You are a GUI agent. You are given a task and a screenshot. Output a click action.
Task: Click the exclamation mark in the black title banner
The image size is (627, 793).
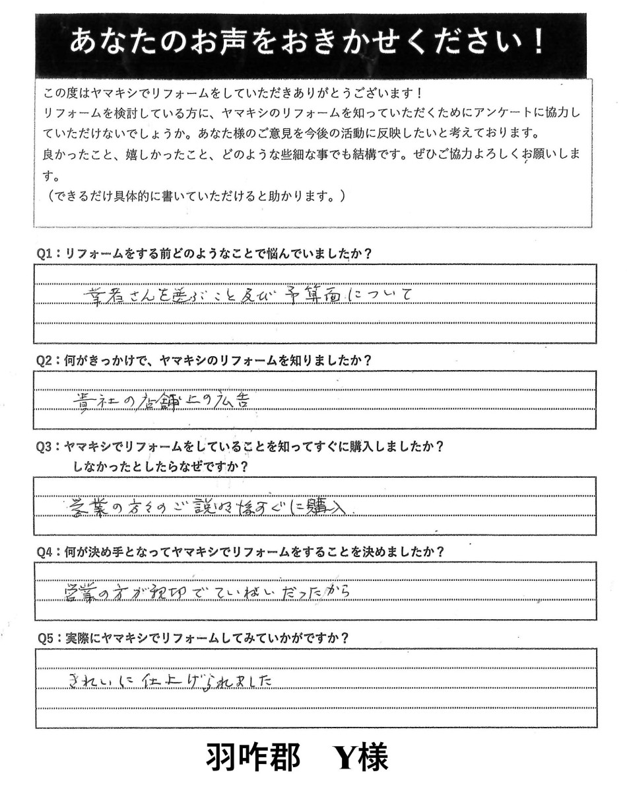(x=538, y=44)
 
